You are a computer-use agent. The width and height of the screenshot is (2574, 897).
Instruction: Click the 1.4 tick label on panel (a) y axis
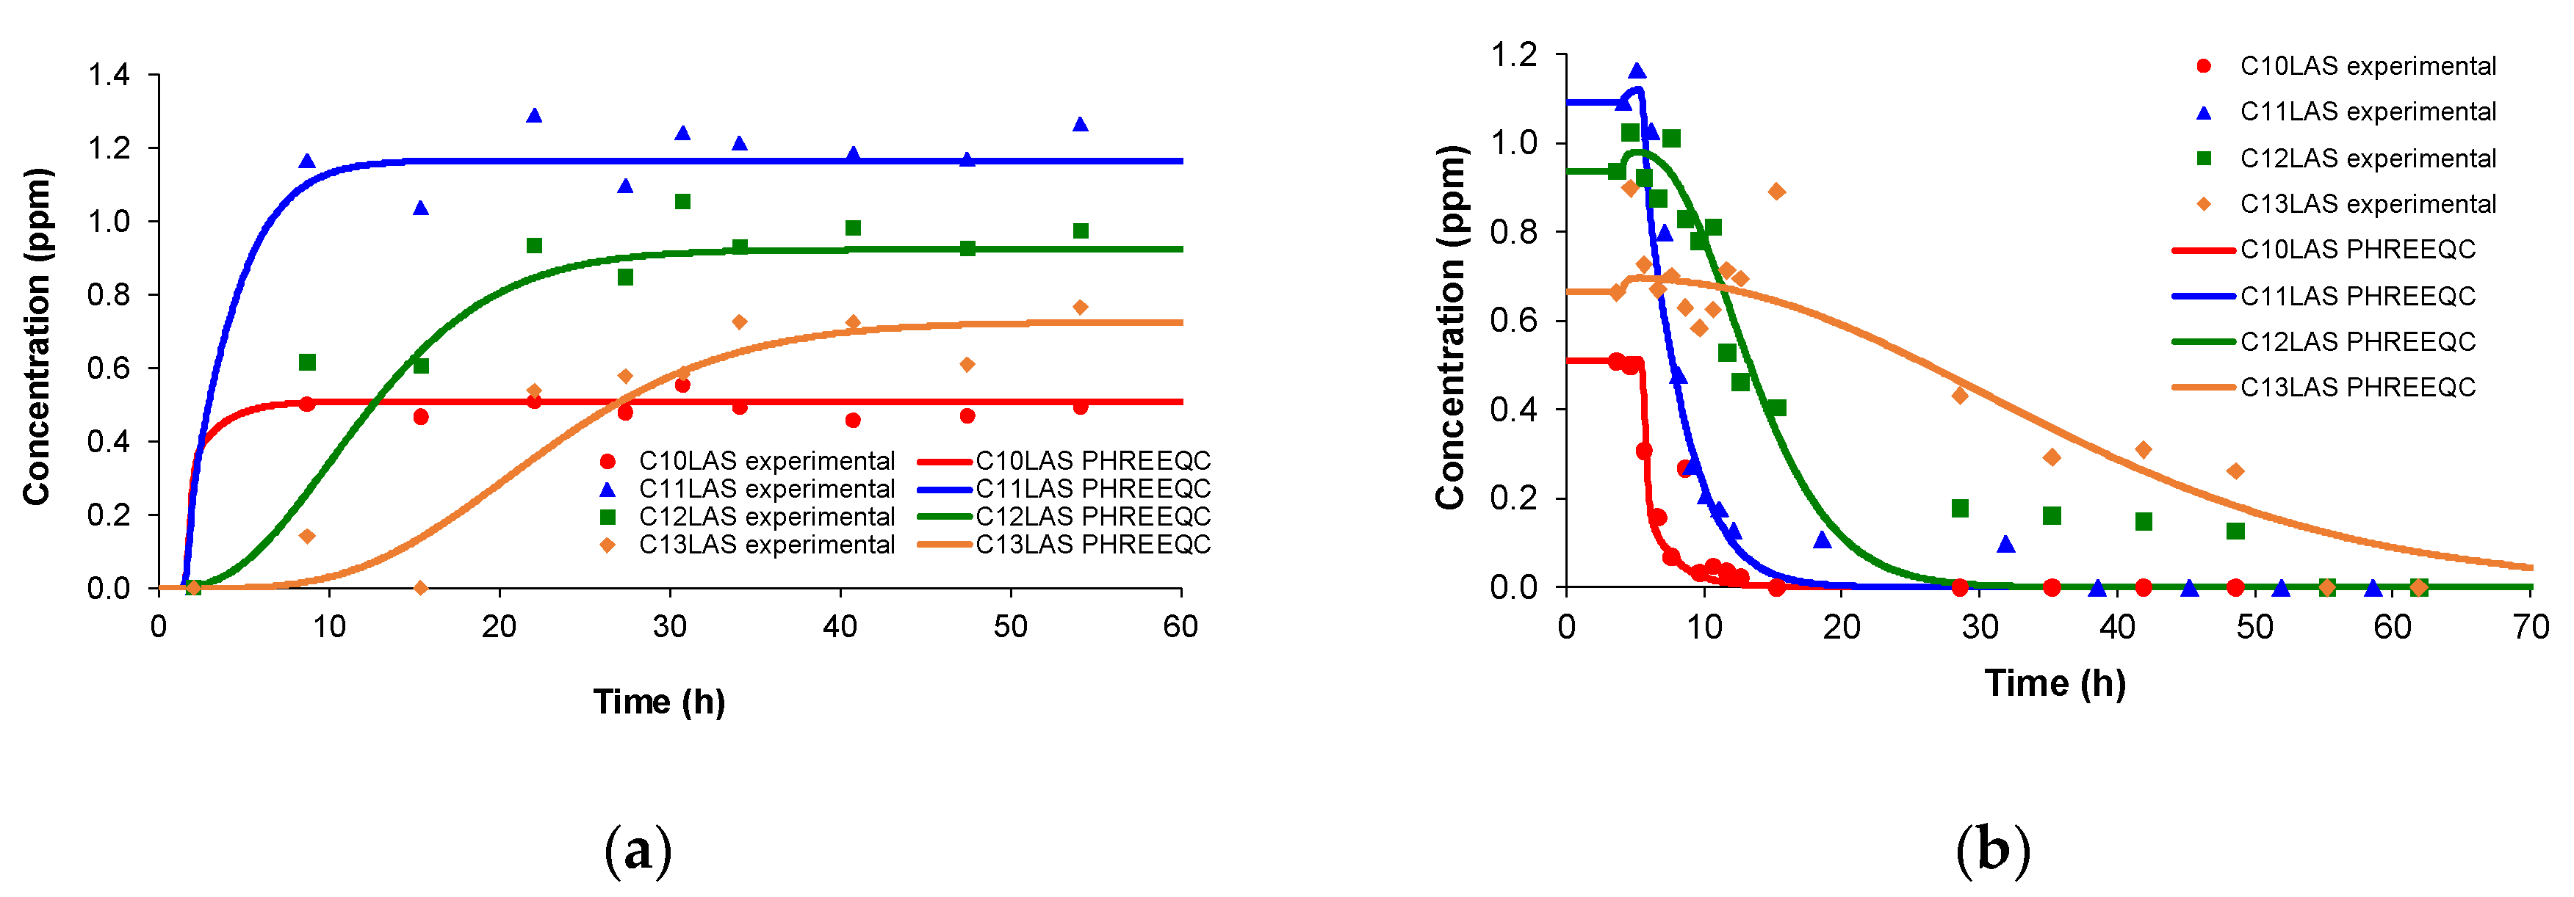[x=108, y=75]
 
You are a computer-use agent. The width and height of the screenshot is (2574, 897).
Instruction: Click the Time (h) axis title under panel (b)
[x=2055, y=683]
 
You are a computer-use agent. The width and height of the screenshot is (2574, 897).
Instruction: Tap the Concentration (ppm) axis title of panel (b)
[x=1451, y=327]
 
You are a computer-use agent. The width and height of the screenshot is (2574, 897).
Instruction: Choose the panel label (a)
[x=638, y=851]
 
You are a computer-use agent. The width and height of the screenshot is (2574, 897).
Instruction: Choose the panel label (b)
[x=1992, y=851]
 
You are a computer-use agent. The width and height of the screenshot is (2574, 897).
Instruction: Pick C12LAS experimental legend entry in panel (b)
[x=2367, y=158]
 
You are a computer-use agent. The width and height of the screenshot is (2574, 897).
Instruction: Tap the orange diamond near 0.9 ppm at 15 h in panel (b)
[x=1776, y=192]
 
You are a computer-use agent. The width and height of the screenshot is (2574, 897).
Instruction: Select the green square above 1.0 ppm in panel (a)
[x=682, y=202]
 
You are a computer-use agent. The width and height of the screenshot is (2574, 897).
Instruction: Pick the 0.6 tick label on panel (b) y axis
[x=1514, y=321]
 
